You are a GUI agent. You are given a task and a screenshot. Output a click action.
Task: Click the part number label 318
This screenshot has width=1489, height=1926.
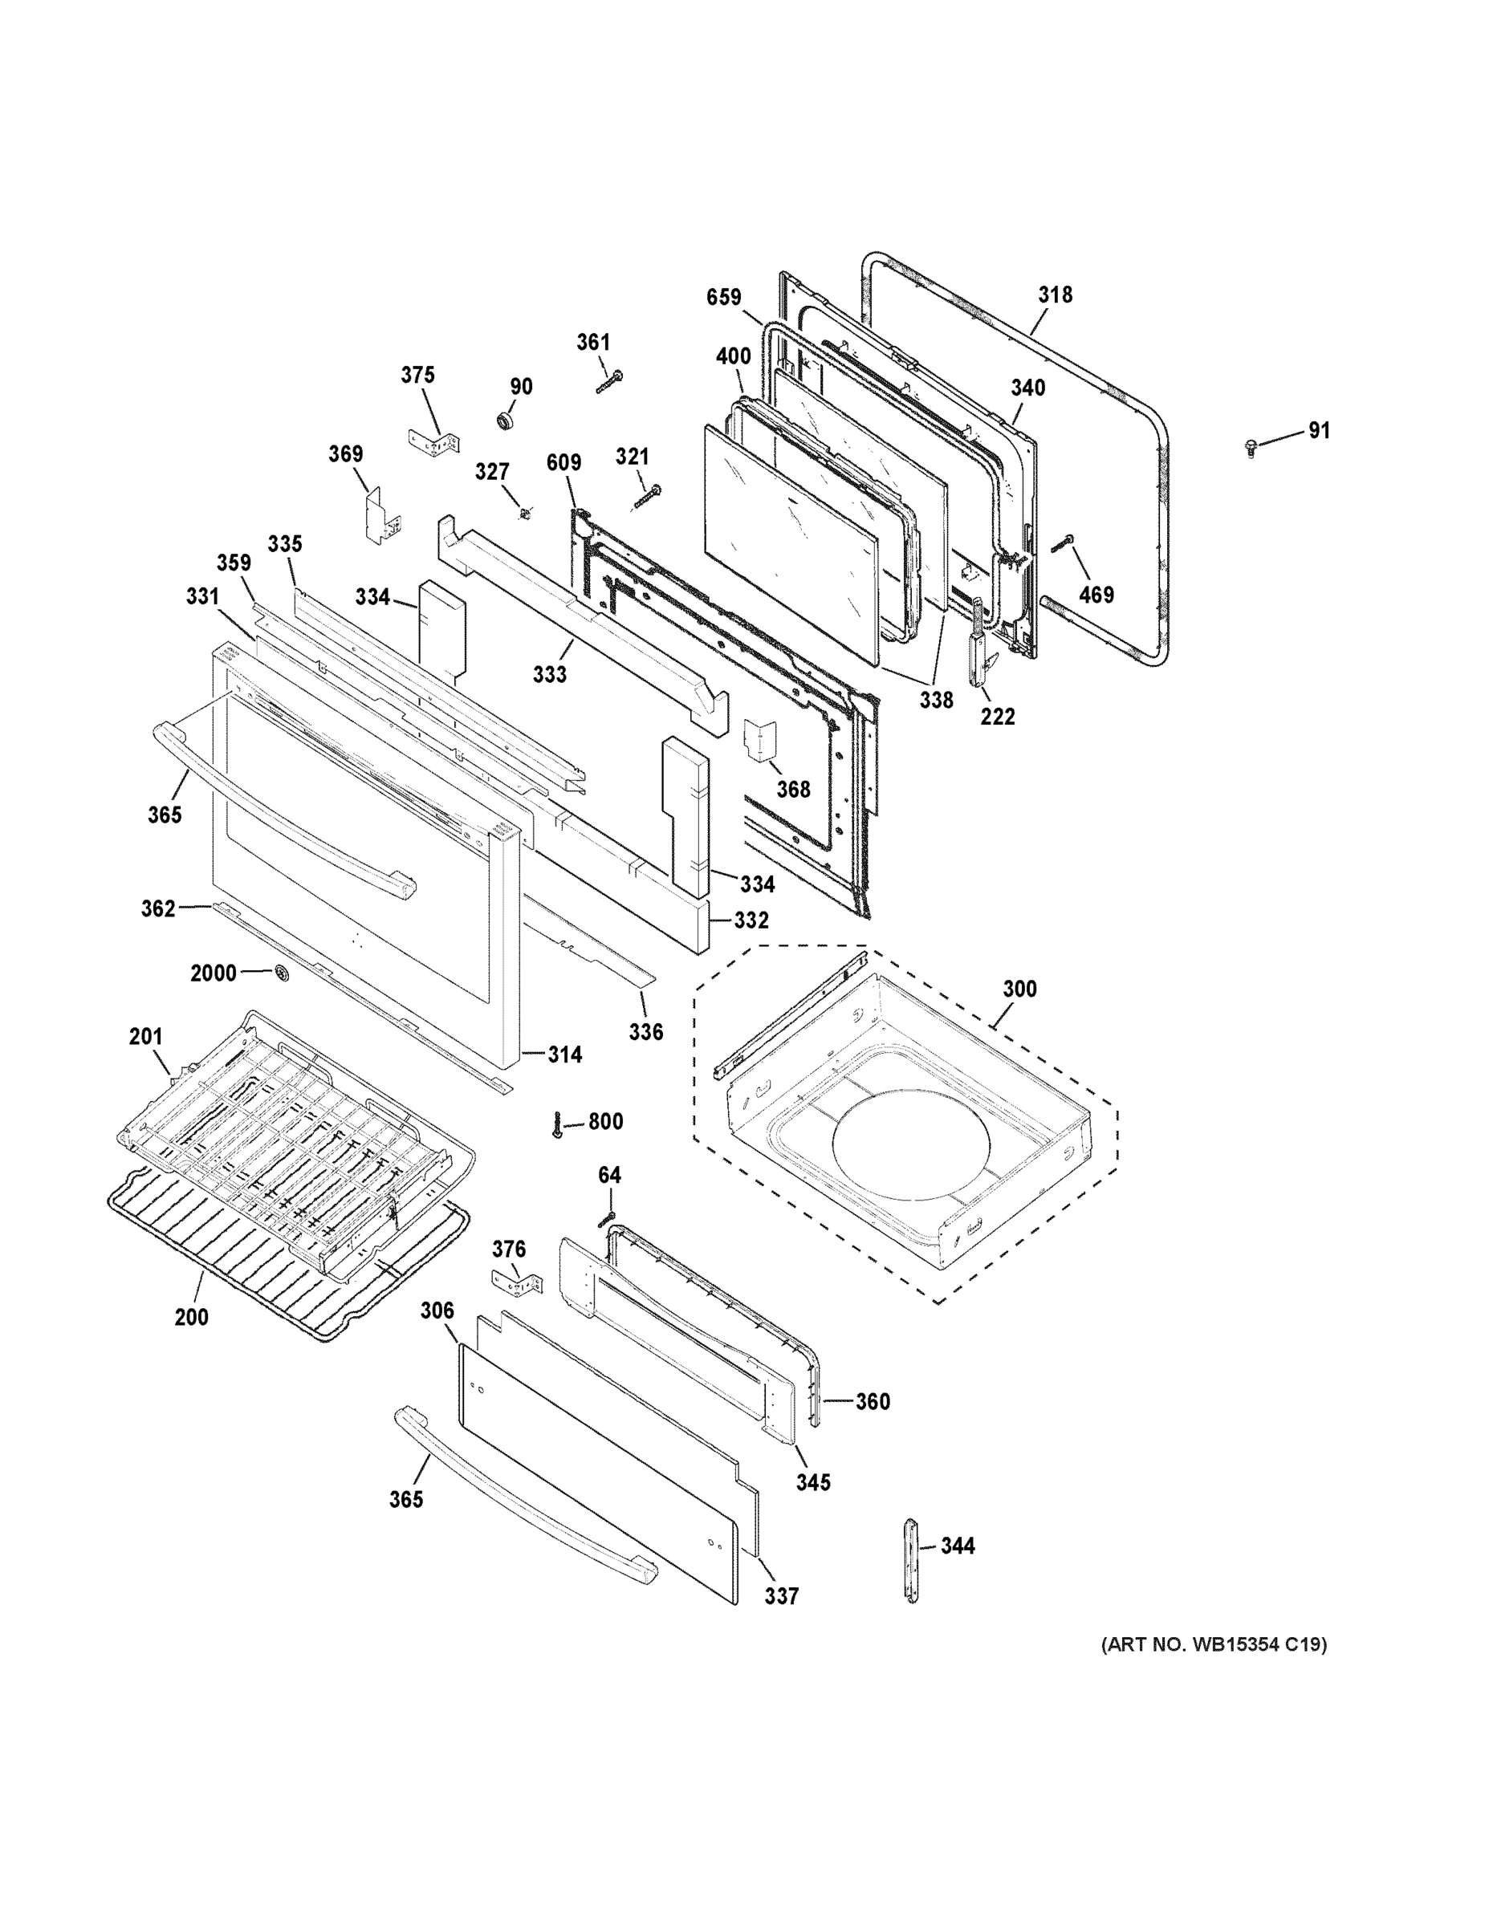(x=1055, y=295)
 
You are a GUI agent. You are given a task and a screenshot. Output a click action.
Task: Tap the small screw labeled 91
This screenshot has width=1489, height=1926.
(x=1250, y=447)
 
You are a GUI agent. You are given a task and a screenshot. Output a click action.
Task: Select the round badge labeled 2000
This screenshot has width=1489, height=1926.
(x=283, y=973)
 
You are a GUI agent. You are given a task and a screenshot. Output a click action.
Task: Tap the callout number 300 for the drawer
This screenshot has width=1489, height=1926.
(x=1019, y=989)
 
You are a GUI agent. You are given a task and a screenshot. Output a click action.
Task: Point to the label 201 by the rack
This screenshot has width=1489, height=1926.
(x=145, y=1036)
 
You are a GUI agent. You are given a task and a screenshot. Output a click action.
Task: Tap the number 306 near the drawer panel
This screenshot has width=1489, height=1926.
(x=437, y=1310)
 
